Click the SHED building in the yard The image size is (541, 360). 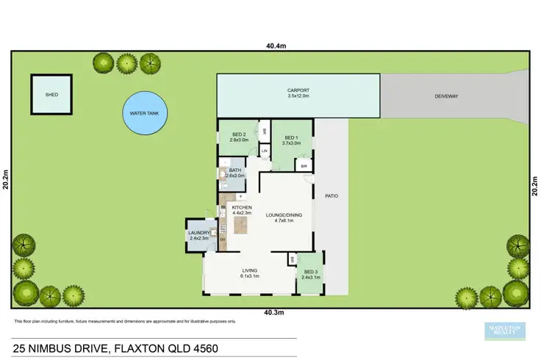52,95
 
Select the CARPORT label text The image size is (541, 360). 298,92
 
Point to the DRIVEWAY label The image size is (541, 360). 446,95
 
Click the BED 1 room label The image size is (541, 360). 291,137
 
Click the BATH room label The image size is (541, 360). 235,170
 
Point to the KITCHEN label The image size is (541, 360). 243,208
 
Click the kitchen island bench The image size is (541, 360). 241,226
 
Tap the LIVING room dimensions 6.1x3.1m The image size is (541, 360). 250,277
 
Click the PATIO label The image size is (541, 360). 331,196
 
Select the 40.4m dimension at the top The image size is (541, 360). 276,46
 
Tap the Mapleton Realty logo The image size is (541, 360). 505,331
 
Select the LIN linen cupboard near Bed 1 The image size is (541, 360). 265,151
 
